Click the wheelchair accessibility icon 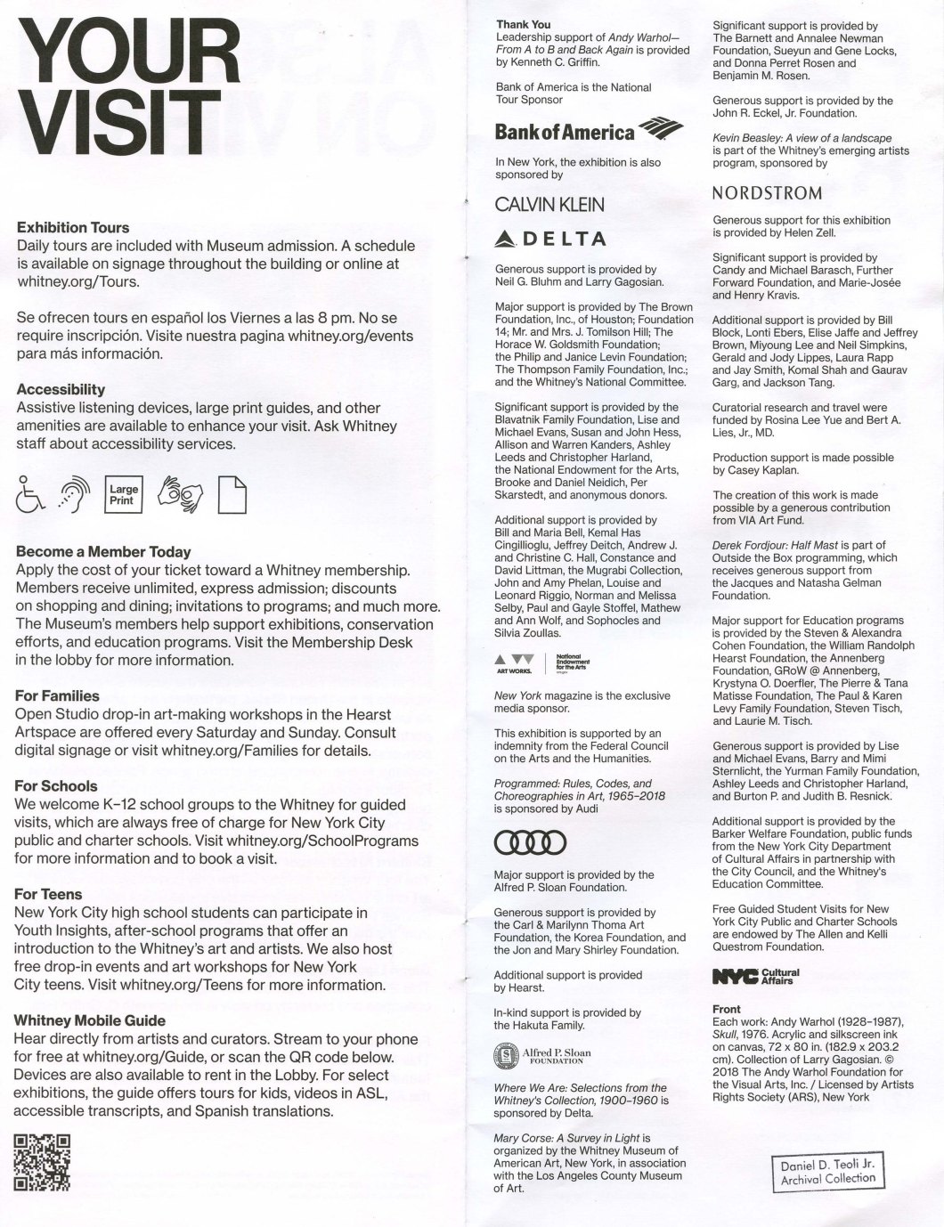point(30,496)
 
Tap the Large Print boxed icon point(124,495)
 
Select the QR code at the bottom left point(42,1162)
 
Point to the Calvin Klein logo point(549,205)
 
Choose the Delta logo point(550,239)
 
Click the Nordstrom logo point(767,193)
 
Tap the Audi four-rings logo point(530,841)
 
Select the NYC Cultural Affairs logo point(756,977)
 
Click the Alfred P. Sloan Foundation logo point(542,1057)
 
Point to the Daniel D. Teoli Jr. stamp point(827,1172)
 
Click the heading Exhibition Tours point(73,228)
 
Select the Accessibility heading point(61,390)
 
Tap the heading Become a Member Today point(103,552)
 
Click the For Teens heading point(48,894)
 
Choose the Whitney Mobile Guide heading point(90,1020)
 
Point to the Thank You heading point(524,25)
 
